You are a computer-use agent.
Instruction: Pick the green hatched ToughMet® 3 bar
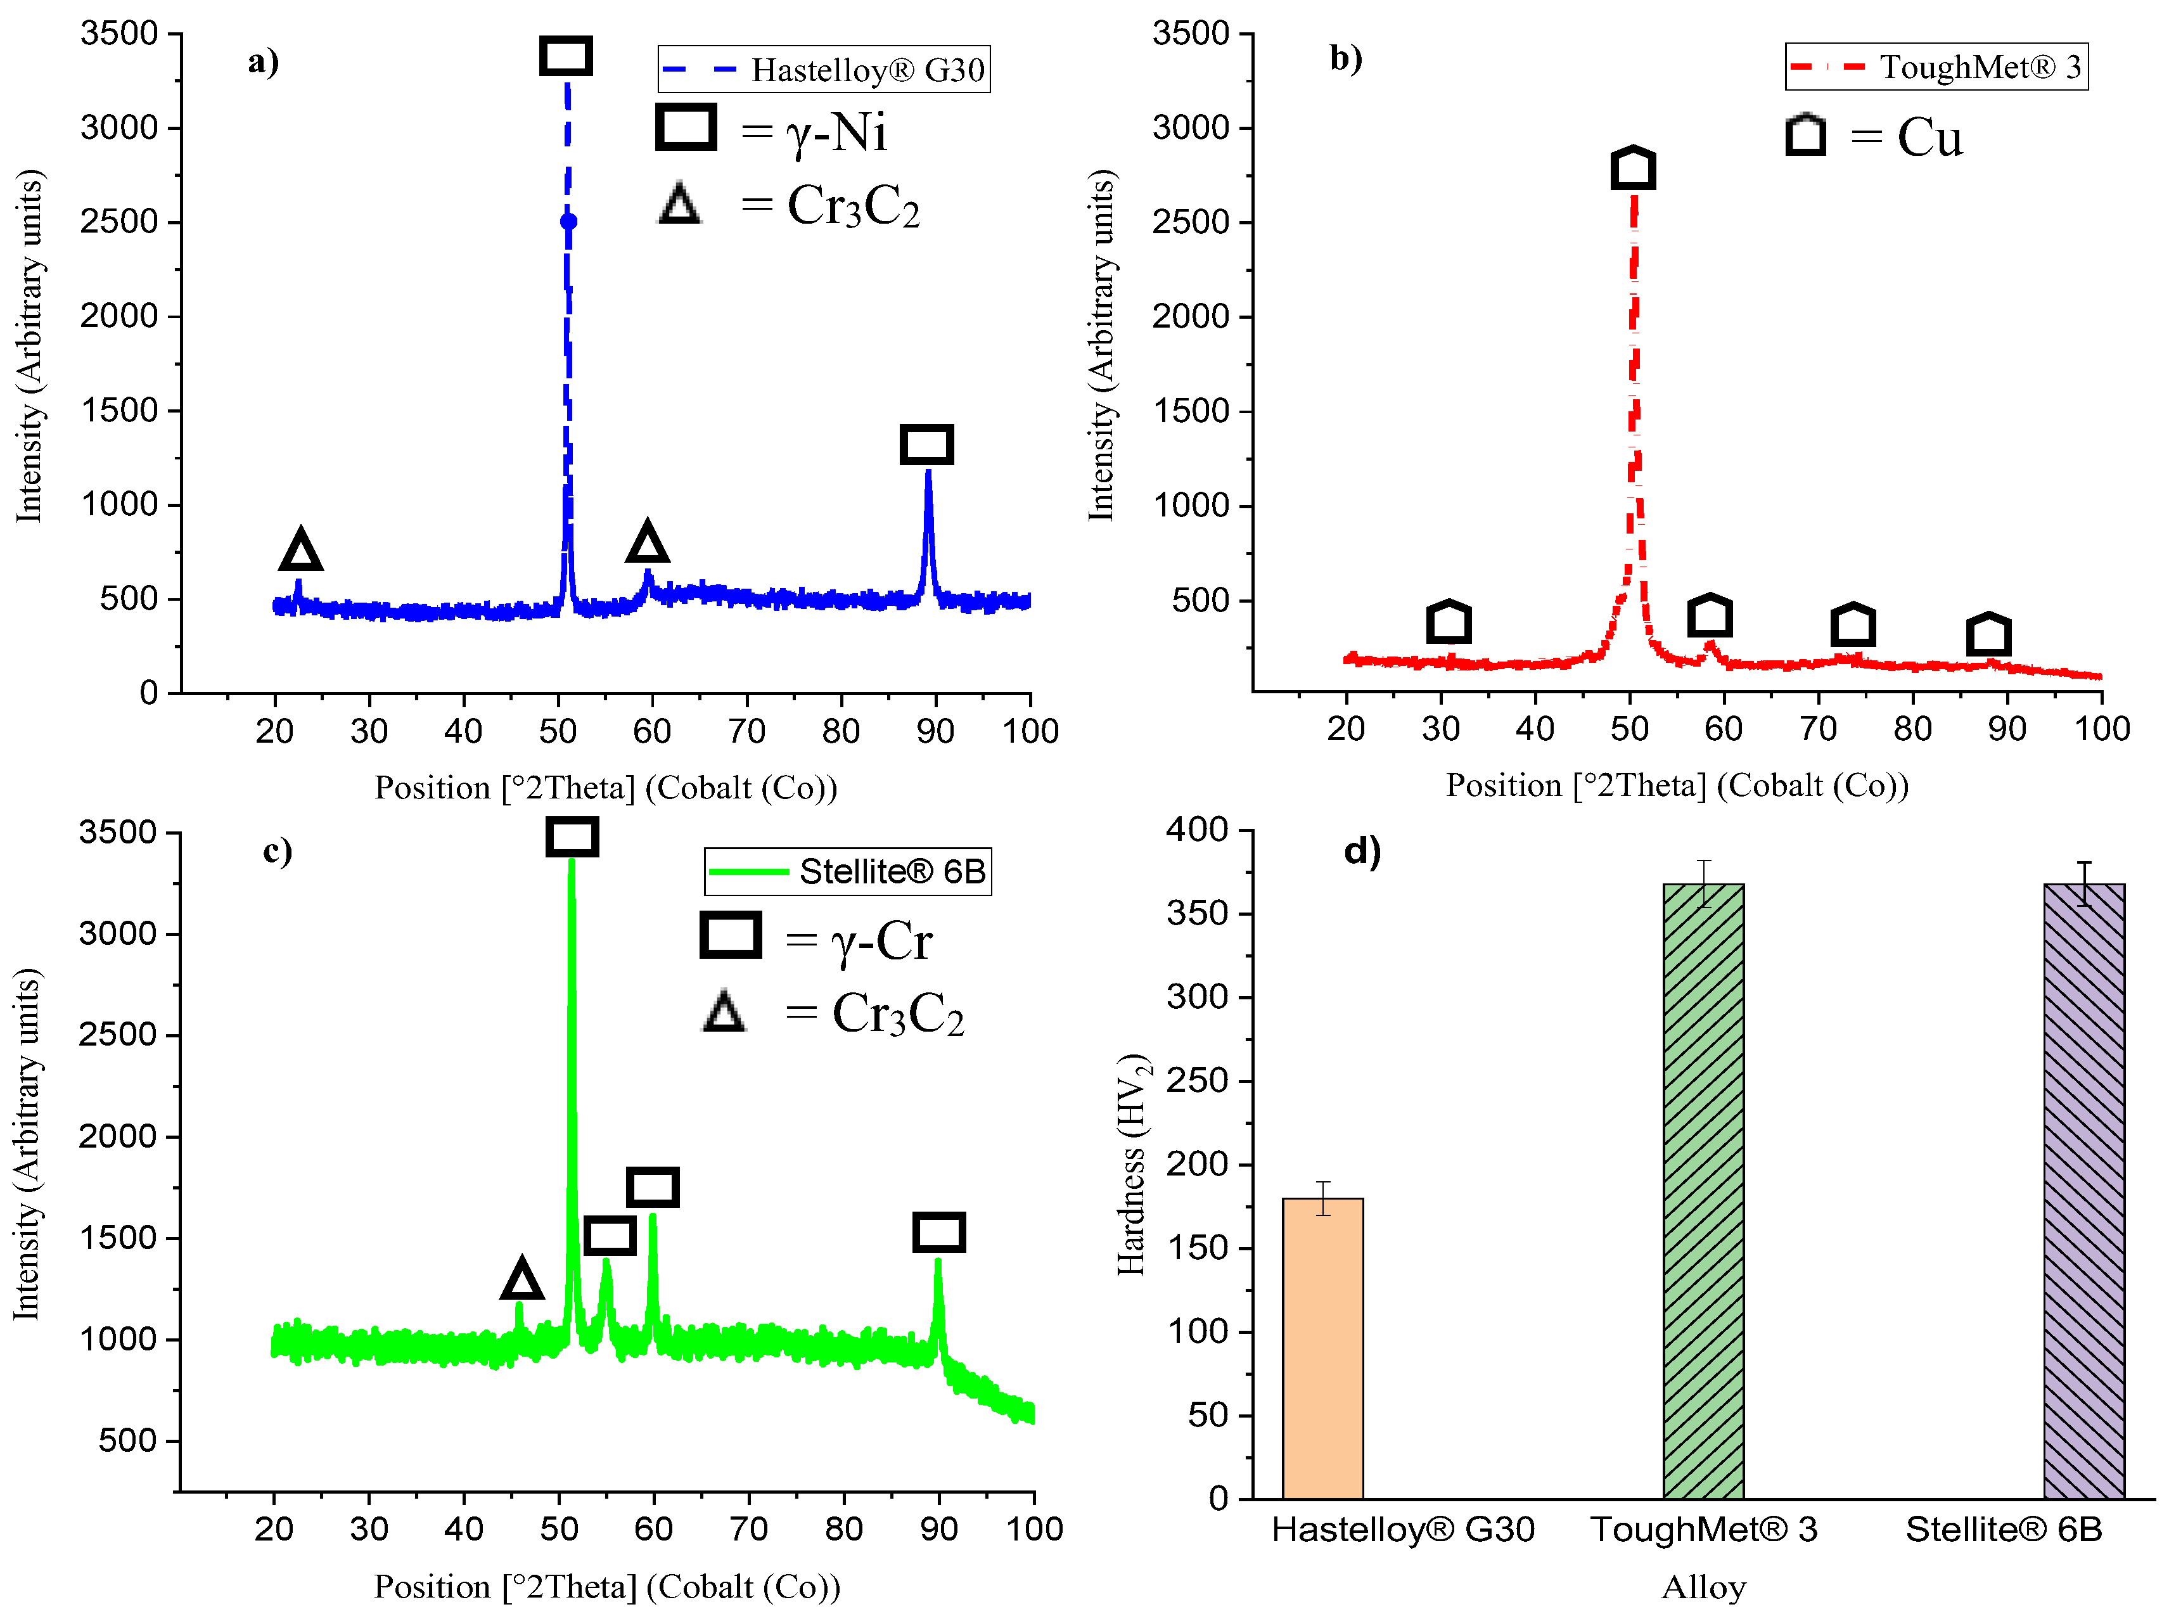pyautogui.click(x=1703, y=1191)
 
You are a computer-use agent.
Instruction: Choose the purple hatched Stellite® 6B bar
pyautogui.click(x=2083, y=1191)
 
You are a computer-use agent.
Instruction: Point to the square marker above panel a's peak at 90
pyautogui.click(x=926, y=444)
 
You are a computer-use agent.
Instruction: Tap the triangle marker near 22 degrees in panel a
pyautogui.click(x=300, y=550)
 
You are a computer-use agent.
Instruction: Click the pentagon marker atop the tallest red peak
pyautogui.click(x=1634, y=169)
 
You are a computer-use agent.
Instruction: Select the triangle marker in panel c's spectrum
pyautogui.click(x=521, y=1279)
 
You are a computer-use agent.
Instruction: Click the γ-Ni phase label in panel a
pyautogui.click(x=835, y=132)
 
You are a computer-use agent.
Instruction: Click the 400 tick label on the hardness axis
pyautogui.click(x=1196, y=830)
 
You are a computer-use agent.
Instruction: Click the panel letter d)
pyautogui.click(x=1362, y=850)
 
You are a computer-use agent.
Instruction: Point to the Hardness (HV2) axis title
pyautogui.click(x=1132, y=1164)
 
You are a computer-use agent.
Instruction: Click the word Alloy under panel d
pyautogui.click(x=1703, y=1587)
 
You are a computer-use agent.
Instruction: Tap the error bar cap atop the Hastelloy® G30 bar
pyautogui.click(x=1323, y=1182)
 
